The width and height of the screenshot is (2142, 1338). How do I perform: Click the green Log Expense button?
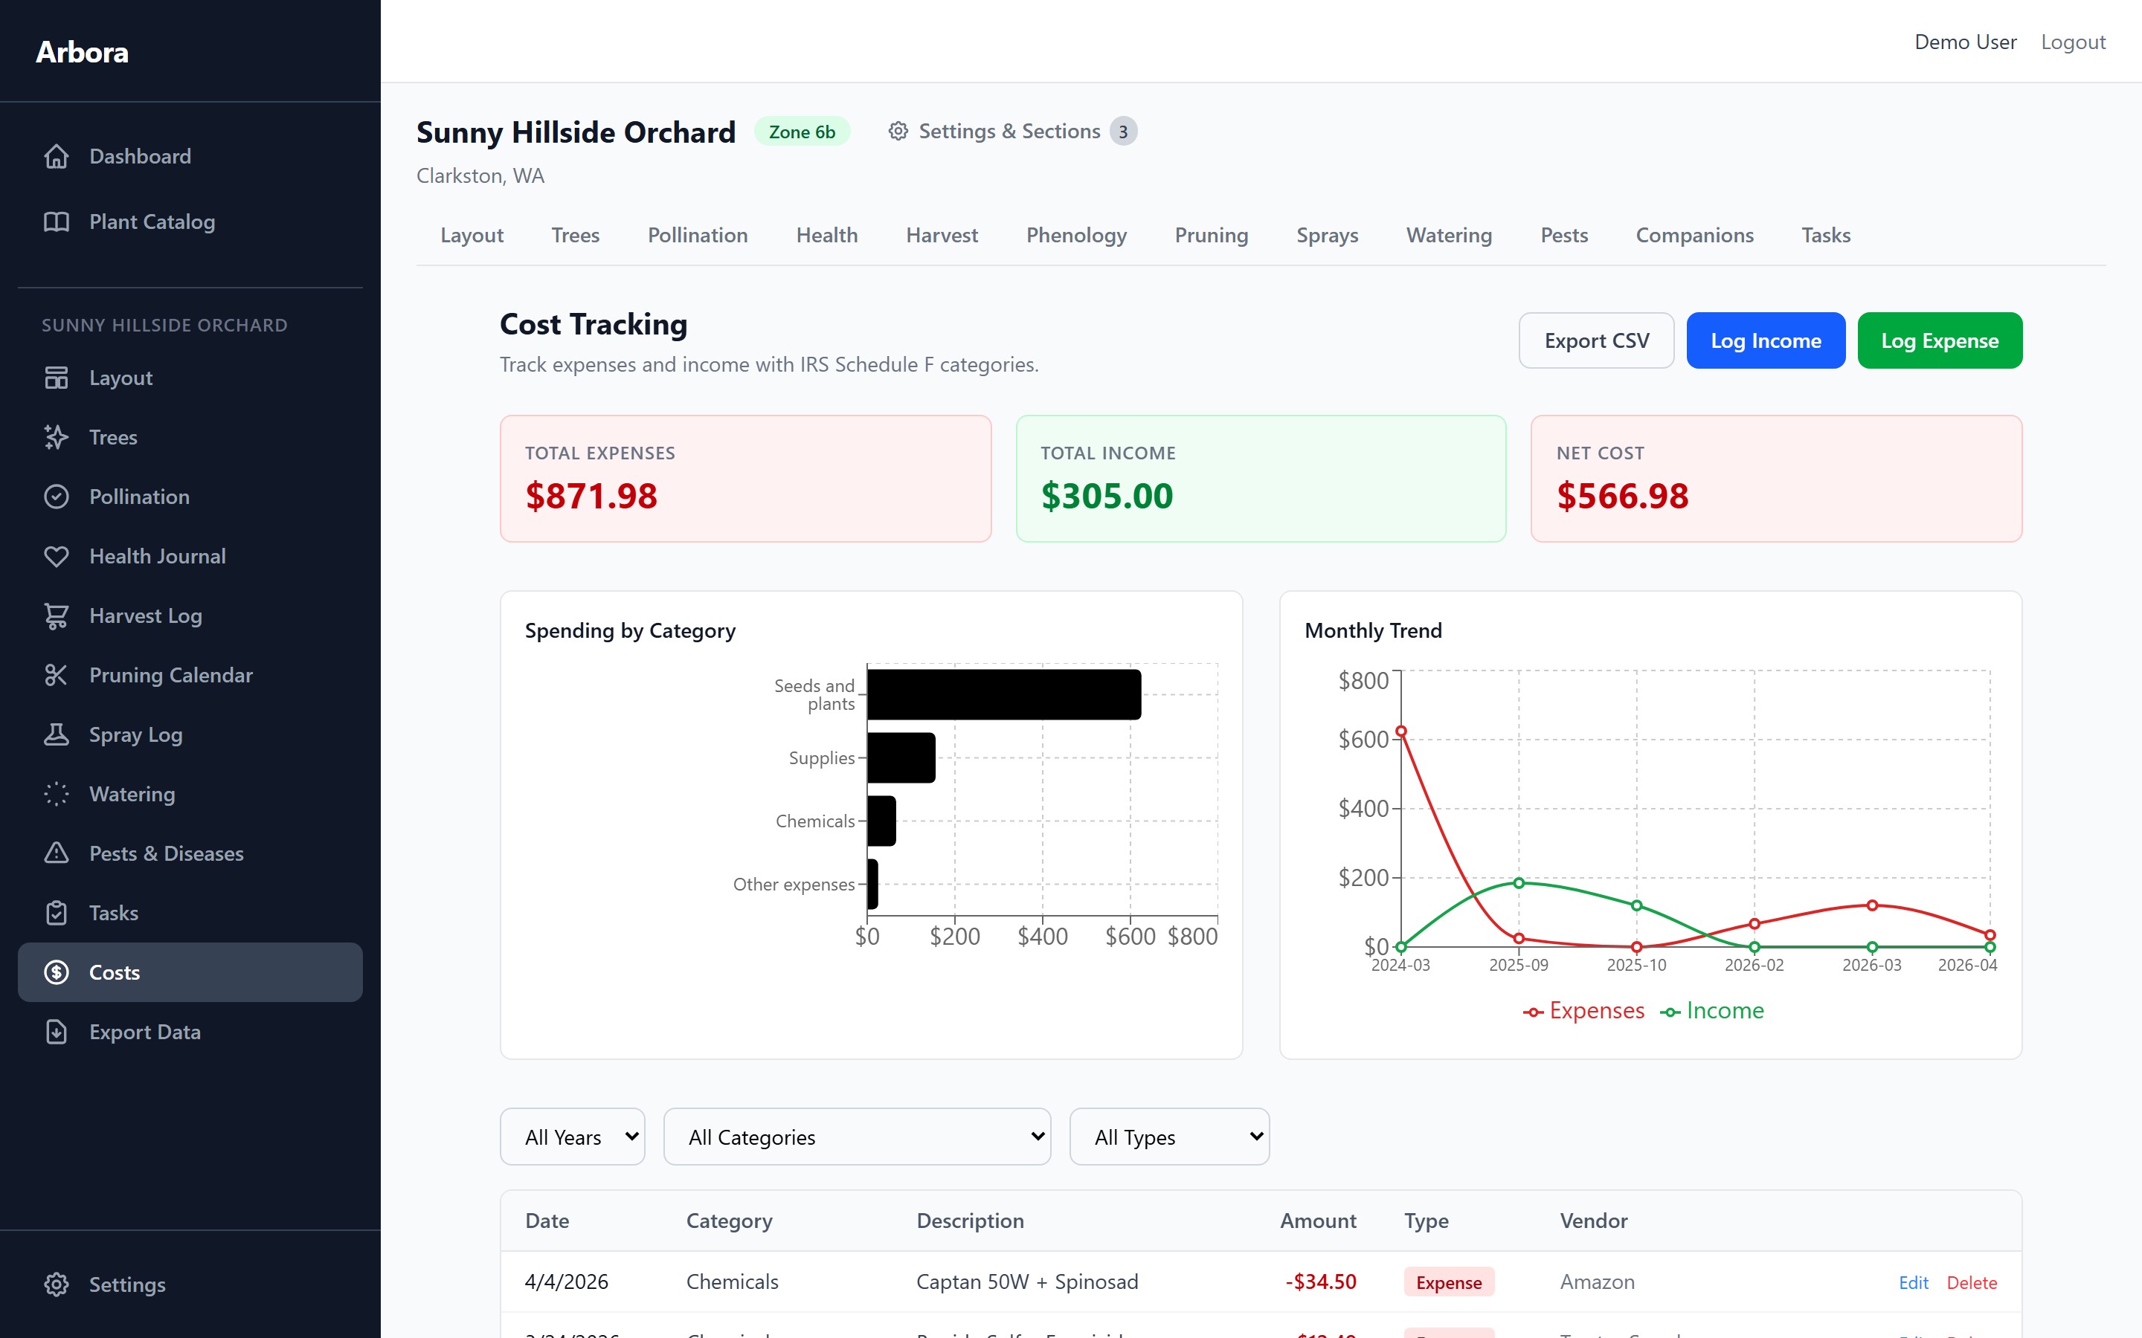[1938, 340]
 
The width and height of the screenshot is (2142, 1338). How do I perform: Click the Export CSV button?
[1595, 340]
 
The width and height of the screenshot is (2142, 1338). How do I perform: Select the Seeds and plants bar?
[1004, 695]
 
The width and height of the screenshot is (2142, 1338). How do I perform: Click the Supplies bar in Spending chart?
[901, 757]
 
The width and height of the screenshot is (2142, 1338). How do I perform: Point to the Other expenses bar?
[872, 884]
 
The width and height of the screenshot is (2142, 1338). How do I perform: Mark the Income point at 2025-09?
[1519, 882]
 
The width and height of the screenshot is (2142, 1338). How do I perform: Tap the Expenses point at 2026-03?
[1872, 905]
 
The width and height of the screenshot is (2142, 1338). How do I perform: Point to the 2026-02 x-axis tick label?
[1754, 966]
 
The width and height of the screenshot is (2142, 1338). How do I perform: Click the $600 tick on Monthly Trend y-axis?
[1363, 740]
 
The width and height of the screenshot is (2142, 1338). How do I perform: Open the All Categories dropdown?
[857, 1137]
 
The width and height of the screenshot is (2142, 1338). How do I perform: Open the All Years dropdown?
[572, 1137]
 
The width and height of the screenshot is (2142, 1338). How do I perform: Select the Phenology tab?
[1075, 236]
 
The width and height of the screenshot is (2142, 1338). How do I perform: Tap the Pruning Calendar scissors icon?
[57, 675]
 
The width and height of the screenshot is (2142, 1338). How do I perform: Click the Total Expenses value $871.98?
[591, 496]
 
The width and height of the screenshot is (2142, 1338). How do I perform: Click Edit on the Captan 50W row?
[1913, 1282]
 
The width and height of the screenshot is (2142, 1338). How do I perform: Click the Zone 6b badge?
[801, 132]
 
